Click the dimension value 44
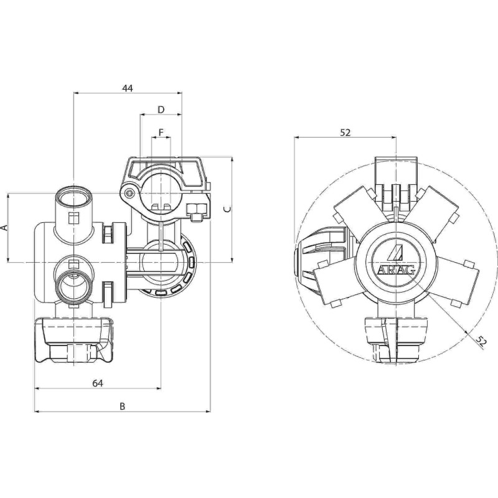pyautogui.click(x=127, y=88)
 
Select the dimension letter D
pyautogui.click(x=161, y=110)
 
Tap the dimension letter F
pyautogui.click(x=161, y=133)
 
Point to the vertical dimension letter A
pyautogui.click(x=4, y=228)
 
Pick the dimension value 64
pyautogui.click(x=97, y=383)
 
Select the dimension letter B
pyautogui.click(x=123, y=406)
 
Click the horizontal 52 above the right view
pyautogui.click(x=345, y=132)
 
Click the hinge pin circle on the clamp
pyautogui.click(x=129, y=194)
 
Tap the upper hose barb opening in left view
pyautogui.click(x=73, y=198)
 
